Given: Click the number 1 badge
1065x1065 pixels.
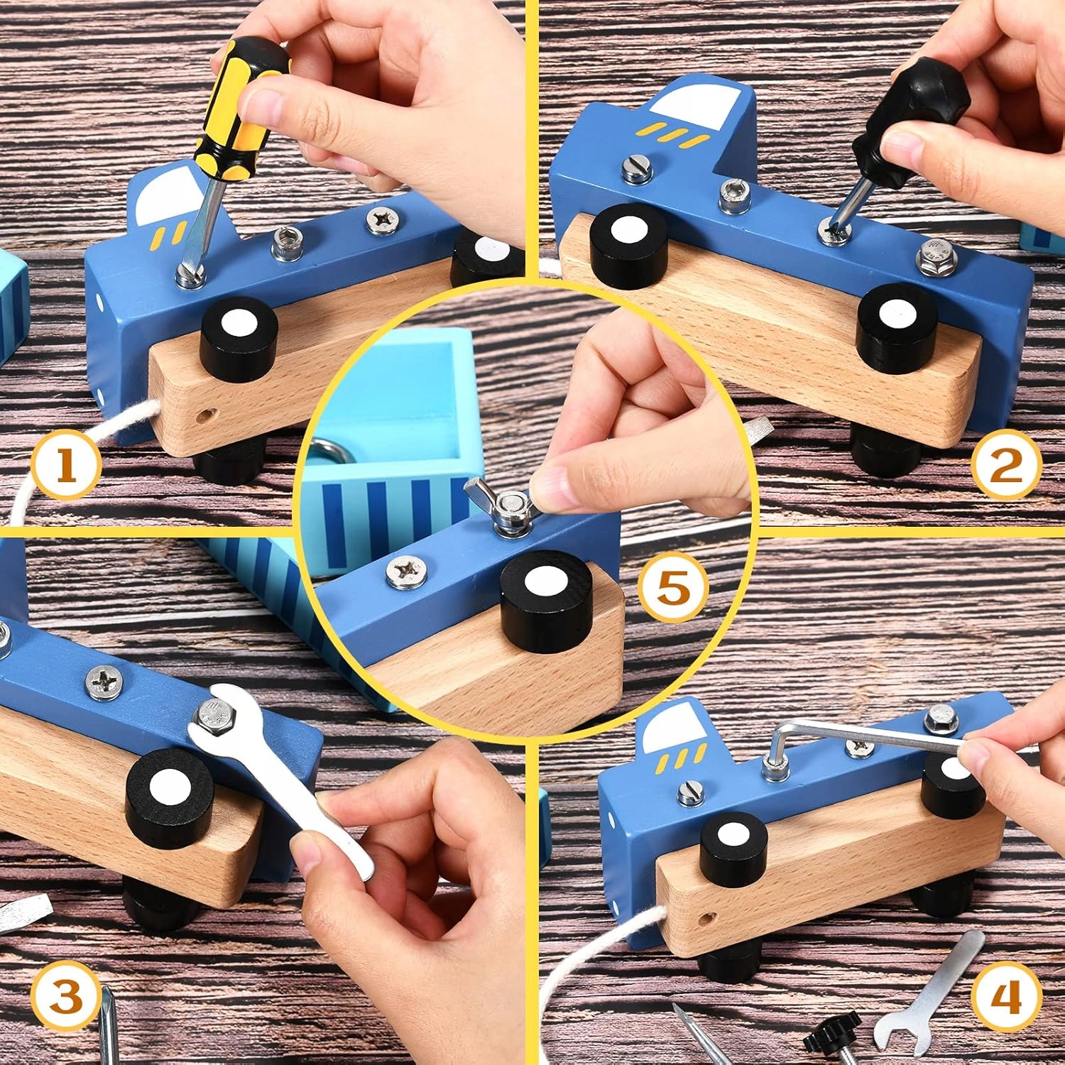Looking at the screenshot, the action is (65, 464).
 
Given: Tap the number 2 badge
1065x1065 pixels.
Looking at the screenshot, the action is (1006, 465).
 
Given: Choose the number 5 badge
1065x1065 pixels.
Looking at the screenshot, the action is (674, 588).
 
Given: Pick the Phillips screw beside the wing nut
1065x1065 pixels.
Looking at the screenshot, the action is (407, 572).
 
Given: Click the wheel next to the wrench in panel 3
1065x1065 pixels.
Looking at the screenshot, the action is (169, 797).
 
